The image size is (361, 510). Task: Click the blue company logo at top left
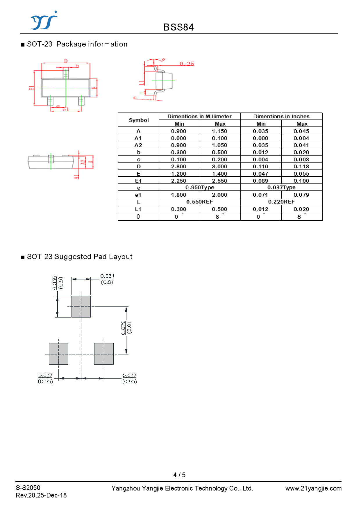[44, 21]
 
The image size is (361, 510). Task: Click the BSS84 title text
[178, 27]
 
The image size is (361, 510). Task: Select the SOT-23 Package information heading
[77, 44]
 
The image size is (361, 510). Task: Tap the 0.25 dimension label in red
[187, 64]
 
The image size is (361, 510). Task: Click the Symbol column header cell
[139, 120]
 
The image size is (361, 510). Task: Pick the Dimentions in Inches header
[281, 117]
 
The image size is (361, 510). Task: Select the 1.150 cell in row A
[220, 131]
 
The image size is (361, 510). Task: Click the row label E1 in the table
[138, 181]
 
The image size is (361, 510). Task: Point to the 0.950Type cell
[200, 188]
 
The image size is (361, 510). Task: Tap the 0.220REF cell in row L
[281, 202]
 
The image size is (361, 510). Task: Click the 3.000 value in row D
[220, 167]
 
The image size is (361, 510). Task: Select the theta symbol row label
[138, 217]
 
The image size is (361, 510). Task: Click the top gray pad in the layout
[81, 306]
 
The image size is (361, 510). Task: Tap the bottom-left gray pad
[58, 354]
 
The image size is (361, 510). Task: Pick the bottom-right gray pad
[104, 354]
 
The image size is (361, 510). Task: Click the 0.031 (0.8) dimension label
[107, 279]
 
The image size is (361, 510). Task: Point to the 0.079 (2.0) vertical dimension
[126, 328]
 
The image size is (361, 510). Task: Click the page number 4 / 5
[179, 475]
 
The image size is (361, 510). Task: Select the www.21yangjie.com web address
[313, 488]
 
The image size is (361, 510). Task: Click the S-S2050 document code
[28, 488]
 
